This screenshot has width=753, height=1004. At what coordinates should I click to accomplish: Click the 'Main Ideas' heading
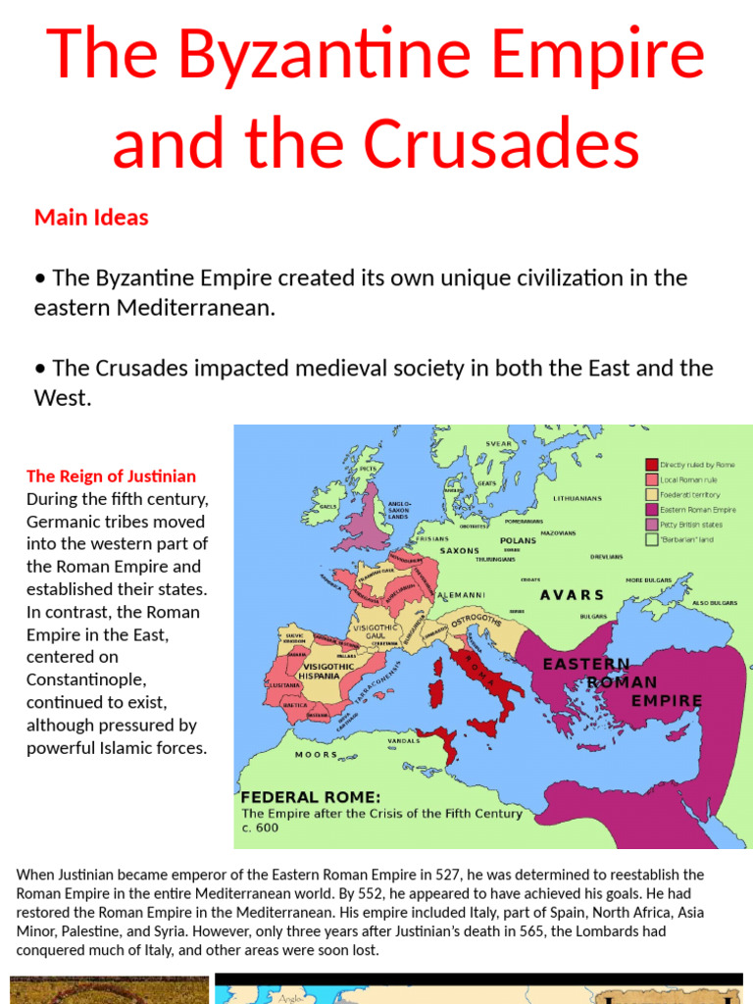click(91, 218)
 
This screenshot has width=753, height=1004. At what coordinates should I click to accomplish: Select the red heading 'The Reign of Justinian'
click(111, 477)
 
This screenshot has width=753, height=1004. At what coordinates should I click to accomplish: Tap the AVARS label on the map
click(572, 595)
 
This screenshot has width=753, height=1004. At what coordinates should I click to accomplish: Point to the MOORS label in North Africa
click(316, 755)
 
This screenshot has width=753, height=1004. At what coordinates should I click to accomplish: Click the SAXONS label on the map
click(460, 551)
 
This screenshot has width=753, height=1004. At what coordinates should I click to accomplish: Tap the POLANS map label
click(518, 540)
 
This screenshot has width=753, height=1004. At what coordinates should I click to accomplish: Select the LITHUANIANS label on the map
click(577, 498)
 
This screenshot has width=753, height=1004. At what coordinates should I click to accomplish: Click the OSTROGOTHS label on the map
click(477, 625)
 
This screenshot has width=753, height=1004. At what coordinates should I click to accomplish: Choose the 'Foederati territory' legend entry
click(691, 494)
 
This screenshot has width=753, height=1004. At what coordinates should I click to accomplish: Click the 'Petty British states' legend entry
click(692, 525)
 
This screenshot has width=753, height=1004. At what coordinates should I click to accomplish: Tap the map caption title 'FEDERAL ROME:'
click(311, 796)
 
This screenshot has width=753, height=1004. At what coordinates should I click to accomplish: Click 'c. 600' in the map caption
click(260, 828)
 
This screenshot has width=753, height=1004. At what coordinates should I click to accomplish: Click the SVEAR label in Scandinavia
click(499, 444)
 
